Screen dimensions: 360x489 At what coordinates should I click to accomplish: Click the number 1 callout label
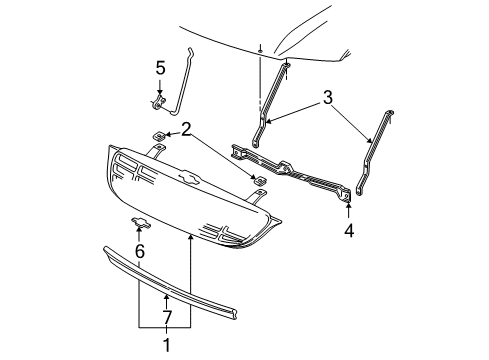[166, 347]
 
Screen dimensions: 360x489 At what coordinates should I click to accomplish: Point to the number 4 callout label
[349, 229]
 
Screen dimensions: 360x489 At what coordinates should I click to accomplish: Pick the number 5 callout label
[159, 68]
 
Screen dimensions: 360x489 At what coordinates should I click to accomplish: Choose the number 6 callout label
[140, 252]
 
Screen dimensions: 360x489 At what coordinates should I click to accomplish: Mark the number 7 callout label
[166, 317]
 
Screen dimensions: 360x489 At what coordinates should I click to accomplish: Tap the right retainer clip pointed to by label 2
[257, 180]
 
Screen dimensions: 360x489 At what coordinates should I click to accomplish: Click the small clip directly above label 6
[141, 223]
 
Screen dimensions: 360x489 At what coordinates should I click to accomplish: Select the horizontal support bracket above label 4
[290, 168]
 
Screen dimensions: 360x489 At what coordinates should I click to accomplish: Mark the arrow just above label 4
[349, 210]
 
